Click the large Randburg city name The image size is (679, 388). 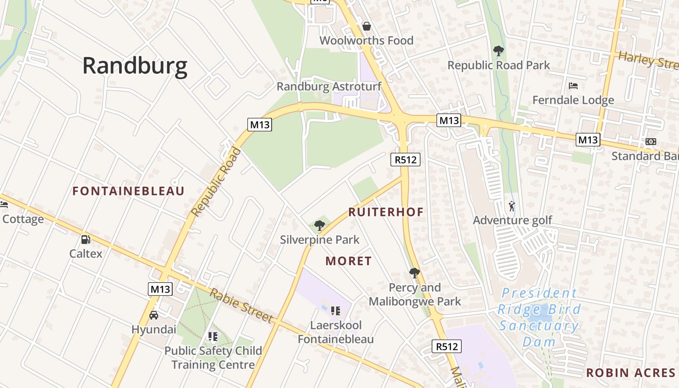[x=135, y=66]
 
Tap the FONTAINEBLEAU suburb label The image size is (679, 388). [x=129, y=191]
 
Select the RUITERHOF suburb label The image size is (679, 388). [x=386, y=212]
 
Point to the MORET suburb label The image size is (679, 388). [x=349, y=261]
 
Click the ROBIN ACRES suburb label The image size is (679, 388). [x=630, y=372]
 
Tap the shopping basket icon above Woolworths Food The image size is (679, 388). [x=367, y=26]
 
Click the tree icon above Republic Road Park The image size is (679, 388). [x=498, y=50]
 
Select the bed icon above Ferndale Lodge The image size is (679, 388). [x=573, y=86]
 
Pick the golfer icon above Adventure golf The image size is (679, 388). [x=512, y=207]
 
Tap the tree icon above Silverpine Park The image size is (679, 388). [x=319, y=225]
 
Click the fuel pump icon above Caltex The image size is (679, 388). [x=86, y=239]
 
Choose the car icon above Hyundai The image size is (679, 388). [x=154, y=315]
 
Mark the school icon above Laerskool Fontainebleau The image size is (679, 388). [x=335, y=310]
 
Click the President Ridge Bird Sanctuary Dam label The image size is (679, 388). [x=539, y=317]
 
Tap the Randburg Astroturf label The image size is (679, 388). [x=329, y=87]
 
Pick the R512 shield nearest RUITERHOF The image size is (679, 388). [x=405, y=159]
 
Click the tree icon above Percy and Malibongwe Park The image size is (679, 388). [x=414, y=273]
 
